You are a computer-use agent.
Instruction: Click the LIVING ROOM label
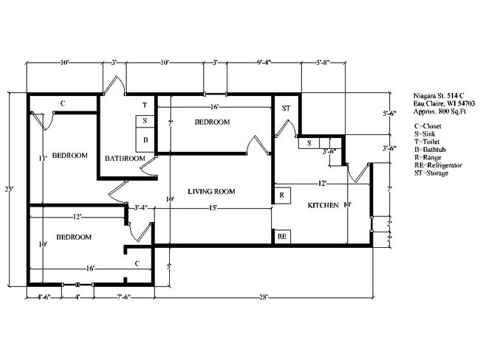pyautogui.click(x=211, y=192)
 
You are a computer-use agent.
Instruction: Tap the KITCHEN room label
pyautogui.click(x=324, y=204)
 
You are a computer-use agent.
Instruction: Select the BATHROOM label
pyautogui.click(x=124, y=158)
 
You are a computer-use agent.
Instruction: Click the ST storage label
pyautogui.click(x=286, y=108)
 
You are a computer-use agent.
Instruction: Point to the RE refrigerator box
pyautogui.click(x=281, y=237)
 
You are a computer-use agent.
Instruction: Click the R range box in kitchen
pyautogui.click(x=281, y=195)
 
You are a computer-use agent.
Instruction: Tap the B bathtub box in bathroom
pyautogui.click(x=145, y=139)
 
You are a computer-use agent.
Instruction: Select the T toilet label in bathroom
pyautogui.click(x=145, y=105)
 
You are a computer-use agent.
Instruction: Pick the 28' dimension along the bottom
pyautogui.click(x=263, y=297)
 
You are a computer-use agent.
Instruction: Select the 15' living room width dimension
pyautogui.click(x=213, y=208)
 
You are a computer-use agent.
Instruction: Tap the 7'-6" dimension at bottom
pyautogui.click(x=124, y=297)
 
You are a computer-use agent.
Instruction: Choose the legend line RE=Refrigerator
pyautogui.click(x=438, y=166)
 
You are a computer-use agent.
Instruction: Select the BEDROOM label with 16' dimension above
pyautogui.click(x=212, y=122)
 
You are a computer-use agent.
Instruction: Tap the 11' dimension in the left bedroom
pyautogui.click(x=44, y=158)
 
